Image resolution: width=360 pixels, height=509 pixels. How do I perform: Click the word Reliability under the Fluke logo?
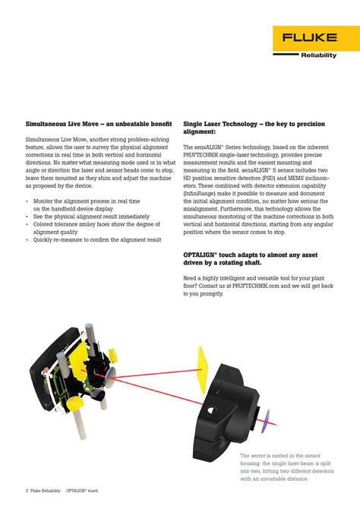click(318, 55)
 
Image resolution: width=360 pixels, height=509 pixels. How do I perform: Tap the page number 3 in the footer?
click(27, 491)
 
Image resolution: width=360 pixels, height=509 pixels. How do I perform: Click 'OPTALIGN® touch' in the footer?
click(83, 491)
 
